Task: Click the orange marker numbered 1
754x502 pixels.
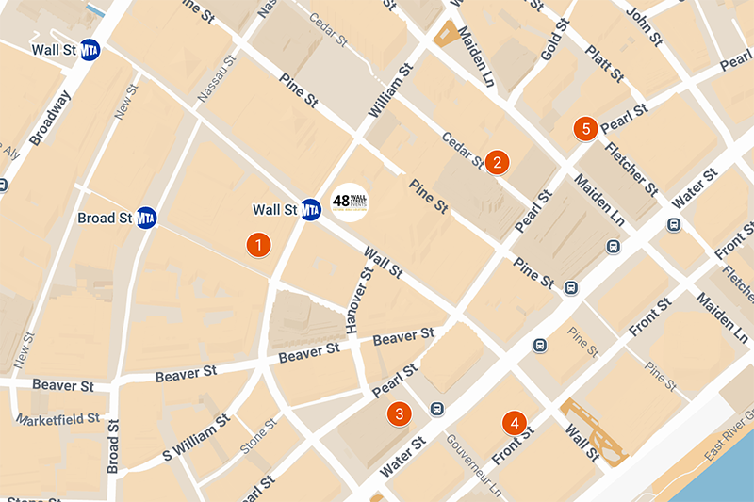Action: tap(258, 245)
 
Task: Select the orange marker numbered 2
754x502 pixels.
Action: tap(497, 162)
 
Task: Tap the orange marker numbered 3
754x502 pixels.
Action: tap(400, 413)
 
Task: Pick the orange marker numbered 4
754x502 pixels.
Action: tap(514, 423)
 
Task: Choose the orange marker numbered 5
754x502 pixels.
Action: tap(586, 128)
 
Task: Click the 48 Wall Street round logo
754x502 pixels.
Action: tap(350, 202)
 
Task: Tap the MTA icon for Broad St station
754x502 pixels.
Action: tap(145, 218)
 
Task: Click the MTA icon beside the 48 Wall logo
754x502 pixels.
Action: tap(311, 209)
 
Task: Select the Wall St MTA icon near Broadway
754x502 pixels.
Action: tap(90, 50)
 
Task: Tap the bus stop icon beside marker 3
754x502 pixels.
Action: tap(436, 408)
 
